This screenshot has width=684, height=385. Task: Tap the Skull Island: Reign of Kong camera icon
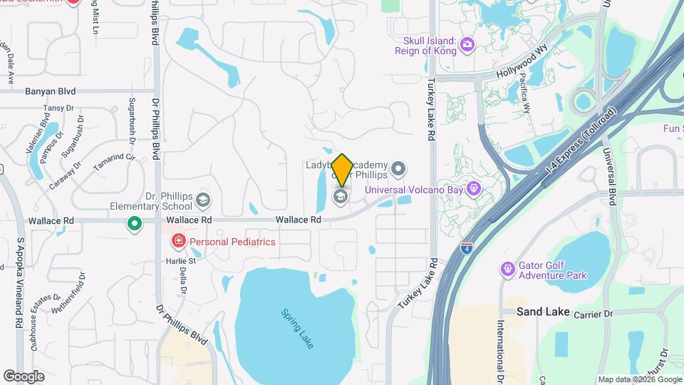pyautogui.click(x=467, y=46)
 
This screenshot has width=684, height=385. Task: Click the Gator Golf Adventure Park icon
pyautogui.click(x=508, y=269)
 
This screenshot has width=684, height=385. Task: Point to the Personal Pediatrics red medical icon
pyautogui.click(x=177, y=242)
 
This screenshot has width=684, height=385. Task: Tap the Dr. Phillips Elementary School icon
pyautogui.click(x=204, y=200)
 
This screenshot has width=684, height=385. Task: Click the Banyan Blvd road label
pyautogui.click(x=50, y=91)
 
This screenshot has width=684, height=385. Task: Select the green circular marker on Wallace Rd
pyautogui.click(x=134, y=225)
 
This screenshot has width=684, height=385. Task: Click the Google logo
pyautogui.click(x=24, y=376)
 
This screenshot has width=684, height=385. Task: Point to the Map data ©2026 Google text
pyautogui.click(x=639, y=379)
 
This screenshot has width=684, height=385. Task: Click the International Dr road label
pyautogui.click(x=501, y=342)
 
